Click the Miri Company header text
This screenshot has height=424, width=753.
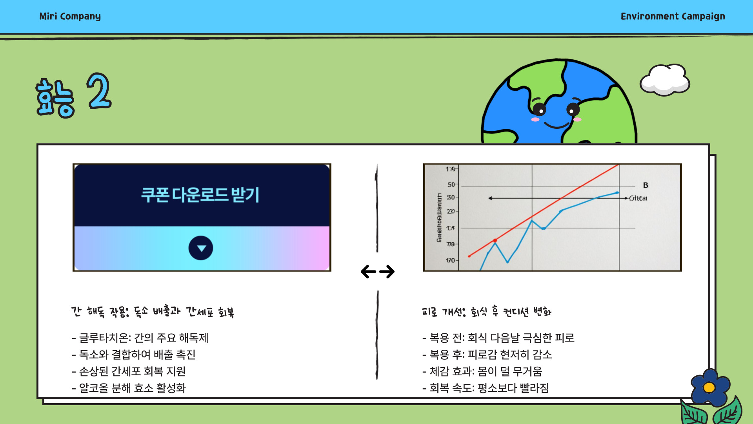(x=70, y=16)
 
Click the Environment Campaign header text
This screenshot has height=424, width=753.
(x=673, y=16)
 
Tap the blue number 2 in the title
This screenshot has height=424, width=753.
(x=99, y=91)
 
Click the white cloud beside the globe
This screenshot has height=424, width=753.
(x=665, y=80)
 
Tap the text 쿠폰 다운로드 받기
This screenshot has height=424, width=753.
(x=200, y=195)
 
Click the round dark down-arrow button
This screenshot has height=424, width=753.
(x=201, y=248)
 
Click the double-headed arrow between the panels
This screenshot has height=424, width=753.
(x=378, y=272)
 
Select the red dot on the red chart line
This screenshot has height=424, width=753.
(x=495, y=240)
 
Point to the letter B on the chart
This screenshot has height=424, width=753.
(x=646, y=185)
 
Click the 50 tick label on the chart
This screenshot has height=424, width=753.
(x=451, y=185)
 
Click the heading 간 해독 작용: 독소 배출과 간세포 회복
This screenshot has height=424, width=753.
(x=153, y=312)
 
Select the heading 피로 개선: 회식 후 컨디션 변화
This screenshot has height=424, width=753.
(x=487, y=312)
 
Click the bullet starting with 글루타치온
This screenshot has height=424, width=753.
(x=140, y=338)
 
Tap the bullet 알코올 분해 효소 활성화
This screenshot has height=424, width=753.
(x=129, y=388)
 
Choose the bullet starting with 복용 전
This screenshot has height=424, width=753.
(x=498, y=338)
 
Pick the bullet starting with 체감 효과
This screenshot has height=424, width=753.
(x=482, y=371)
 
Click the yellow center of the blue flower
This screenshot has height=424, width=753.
(x=709, y=388)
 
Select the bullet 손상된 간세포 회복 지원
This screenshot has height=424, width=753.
(x=129, y=371)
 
